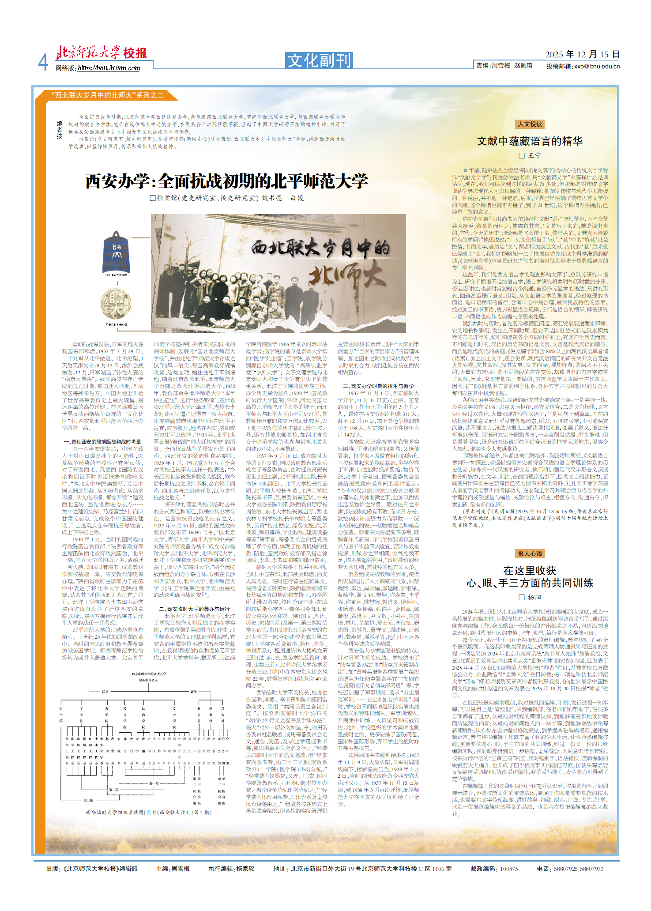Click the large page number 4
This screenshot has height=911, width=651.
pos(43,63)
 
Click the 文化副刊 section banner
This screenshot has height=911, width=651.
pos(319,60)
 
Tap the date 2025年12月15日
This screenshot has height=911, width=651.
pos(582,54)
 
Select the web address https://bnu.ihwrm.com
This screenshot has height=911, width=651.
pos(109,68)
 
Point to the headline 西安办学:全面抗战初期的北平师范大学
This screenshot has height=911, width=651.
pos(226,181)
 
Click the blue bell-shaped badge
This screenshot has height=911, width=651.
pos(117,252)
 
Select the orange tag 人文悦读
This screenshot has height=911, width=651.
pos(530,124)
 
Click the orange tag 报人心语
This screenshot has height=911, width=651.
pos(530,553)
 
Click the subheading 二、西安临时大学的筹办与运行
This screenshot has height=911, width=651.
pos(194,609)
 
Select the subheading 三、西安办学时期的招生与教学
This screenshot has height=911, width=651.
pos(378,386)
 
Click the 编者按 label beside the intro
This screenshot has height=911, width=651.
pos(60,130)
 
